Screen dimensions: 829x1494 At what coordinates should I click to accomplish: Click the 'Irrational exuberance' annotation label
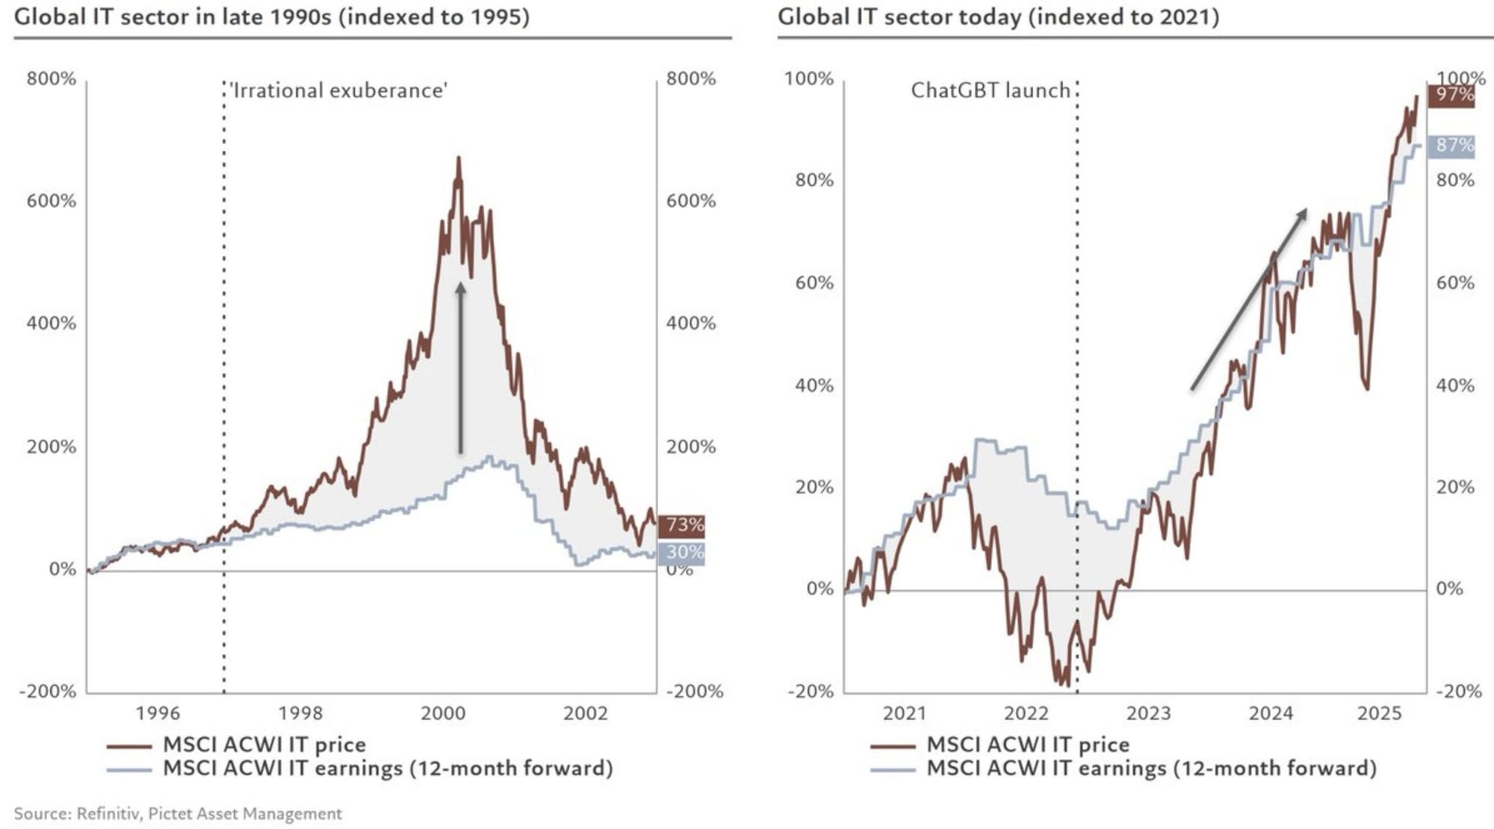(339, 90)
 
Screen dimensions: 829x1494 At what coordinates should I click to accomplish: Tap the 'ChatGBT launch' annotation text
(991, 90)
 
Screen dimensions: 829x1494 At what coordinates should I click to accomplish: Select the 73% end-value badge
(682, 525)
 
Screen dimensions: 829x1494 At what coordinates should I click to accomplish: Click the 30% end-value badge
(682, 553)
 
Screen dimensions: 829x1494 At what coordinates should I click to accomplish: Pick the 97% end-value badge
(1452, 95)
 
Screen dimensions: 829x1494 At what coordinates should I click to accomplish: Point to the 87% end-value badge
(1452, 145)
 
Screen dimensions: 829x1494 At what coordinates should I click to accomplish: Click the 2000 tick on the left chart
(443, 713)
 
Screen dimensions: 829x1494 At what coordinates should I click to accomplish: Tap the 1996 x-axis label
(158, 713)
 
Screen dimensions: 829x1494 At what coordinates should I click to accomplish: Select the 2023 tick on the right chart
(1148, 713)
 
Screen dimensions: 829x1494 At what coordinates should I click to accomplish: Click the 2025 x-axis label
(1379, 713)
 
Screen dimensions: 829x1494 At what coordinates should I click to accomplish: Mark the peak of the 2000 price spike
(459, 158)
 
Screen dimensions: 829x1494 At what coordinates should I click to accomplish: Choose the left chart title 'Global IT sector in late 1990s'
(272, 16)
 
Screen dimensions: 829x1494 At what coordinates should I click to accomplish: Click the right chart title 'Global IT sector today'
(998, 16)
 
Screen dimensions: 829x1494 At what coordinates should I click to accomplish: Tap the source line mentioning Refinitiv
(178, 813)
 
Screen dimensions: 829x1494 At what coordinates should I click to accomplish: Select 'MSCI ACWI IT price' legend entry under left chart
(264, 745)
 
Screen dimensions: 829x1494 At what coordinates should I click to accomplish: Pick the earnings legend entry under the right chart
(1150, 768)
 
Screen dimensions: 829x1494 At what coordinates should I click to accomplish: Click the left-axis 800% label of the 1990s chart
(52, 78)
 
